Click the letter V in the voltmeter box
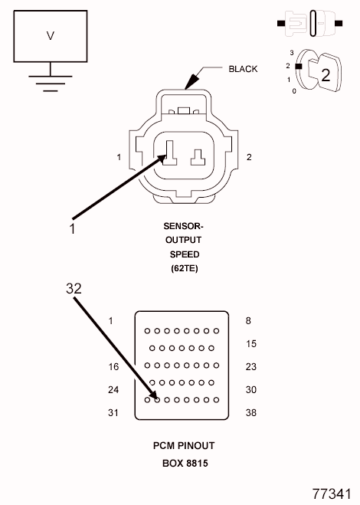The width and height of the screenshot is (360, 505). click(x=51, y=35)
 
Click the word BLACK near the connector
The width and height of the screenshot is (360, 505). click(x=243, y=69)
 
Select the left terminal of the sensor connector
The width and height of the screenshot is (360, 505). click(x=170, y=153)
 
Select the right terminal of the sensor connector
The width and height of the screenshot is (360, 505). click(x=198, y=158)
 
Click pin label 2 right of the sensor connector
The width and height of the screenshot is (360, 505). click(x=249, y=157)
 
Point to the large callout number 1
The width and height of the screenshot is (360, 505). click(x=72, y=228)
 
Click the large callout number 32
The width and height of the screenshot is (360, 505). click(x=74, y=289)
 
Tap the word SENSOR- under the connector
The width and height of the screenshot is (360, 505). click(x=183, y=226)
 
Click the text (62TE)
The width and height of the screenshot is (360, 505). click(x=184, y=268)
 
